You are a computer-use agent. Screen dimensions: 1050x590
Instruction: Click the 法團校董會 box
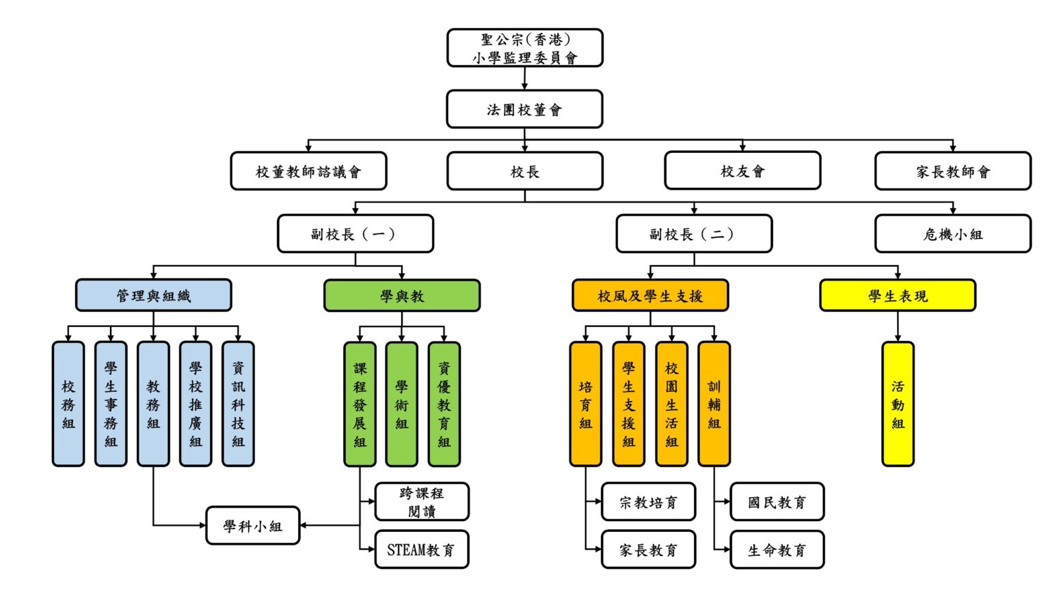524,109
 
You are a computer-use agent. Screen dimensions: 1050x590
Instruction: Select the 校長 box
524,171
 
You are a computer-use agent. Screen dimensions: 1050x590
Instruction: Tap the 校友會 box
742,171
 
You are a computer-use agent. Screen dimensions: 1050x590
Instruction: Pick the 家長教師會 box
953,171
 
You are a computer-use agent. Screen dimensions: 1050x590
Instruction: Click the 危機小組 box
953,234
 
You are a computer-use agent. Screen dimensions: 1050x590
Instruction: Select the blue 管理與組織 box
154,295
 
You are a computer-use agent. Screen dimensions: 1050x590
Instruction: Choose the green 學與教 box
402,296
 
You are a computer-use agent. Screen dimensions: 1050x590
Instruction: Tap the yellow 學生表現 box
898,296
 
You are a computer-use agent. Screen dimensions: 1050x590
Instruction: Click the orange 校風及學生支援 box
650,296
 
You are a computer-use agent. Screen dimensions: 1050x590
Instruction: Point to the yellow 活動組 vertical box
898,404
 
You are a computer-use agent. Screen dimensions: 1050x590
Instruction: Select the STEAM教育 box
422,549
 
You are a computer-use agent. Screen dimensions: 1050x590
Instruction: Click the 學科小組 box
253,525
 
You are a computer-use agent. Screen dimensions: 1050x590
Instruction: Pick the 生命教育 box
777,549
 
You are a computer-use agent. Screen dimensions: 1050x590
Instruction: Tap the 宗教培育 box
648,501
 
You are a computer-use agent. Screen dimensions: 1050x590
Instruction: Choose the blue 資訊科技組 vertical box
238,404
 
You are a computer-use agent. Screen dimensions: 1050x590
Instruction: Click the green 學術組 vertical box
402,404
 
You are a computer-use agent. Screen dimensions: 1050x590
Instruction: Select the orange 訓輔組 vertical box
714,404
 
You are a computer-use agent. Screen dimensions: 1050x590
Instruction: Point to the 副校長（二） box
695,234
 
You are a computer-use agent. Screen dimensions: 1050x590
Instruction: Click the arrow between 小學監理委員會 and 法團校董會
524,79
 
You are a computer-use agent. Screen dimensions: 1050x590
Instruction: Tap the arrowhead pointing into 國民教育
727,501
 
